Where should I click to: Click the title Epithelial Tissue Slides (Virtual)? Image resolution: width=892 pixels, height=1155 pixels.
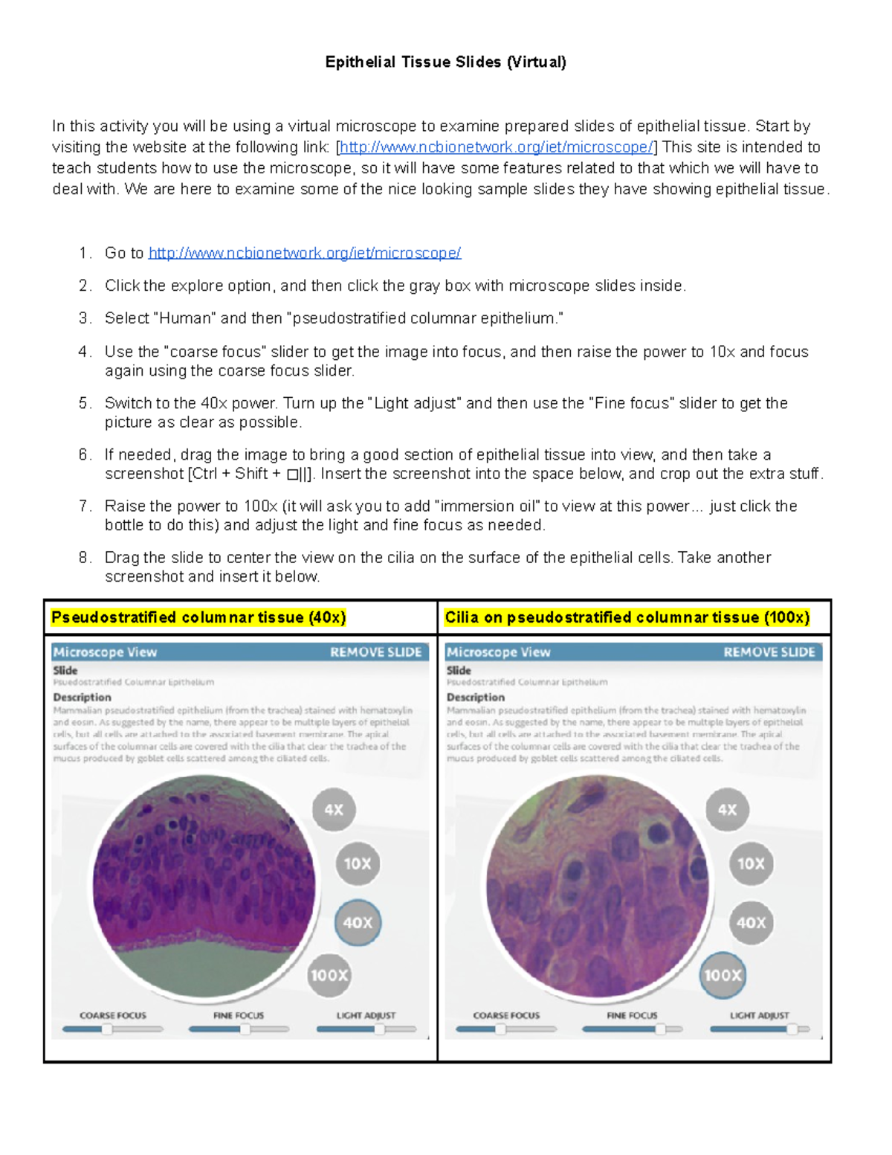point(445,62)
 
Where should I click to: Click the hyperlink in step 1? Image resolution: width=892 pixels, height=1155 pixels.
point(305,254)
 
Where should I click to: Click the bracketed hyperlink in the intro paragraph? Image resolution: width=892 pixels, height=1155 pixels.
point(496,147)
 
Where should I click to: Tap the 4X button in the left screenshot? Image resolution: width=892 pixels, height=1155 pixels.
point(334,810)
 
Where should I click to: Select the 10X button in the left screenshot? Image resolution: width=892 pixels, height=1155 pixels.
point(358,864)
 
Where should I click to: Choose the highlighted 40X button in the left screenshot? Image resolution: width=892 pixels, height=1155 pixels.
point(358,923)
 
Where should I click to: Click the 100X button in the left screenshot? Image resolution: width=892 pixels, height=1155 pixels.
point(329,976)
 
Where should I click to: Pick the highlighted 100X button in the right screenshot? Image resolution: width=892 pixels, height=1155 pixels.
point(723,976)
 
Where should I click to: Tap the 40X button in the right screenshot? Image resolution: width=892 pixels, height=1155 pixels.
point(751,923)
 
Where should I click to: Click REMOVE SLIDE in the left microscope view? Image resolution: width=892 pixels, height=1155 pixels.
point(375,652)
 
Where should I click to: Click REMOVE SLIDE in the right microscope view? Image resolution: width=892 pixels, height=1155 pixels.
point(769,652)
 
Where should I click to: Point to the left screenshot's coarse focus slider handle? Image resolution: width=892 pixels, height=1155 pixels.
point(108,1029)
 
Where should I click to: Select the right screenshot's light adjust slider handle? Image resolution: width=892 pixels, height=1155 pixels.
point(792,1029)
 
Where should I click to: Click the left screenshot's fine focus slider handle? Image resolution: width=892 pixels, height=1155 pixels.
point(245,1029)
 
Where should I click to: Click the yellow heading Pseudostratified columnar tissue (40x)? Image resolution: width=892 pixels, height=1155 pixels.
point(198,618)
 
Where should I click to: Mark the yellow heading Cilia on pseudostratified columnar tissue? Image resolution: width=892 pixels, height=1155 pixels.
point(627,618)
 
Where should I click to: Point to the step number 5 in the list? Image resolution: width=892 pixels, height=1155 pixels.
point(84,404)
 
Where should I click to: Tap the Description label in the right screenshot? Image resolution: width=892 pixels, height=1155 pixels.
point(475,698)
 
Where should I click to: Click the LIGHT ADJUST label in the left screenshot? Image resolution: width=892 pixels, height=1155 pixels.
point(366,1015)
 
